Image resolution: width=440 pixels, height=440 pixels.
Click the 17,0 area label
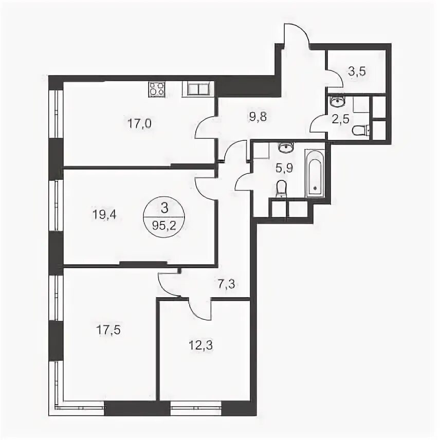pos(139,123)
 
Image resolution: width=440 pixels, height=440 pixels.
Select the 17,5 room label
pos(108,329)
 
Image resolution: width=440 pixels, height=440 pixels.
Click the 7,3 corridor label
pos(226,285)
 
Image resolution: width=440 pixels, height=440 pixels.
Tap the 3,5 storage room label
pos(357,71)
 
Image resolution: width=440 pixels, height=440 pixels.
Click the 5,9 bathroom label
pos(284,168)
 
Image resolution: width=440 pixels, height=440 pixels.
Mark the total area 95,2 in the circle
pos(164,226)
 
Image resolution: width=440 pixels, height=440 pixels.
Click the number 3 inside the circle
pos(164,208)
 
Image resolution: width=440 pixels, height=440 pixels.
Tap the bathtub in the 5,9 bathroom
pos(315,174)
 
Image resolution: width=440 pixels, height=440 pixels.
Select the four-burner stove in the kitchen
pos(156,89)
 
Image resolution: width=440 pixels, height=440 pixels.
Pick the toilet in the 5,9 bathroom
pos(281,189)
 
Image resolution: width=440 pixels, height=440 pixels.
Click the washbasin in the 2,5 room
pos(338,101)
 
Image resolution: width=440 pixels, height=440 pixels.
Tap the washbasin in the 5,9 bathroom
pos(286,147)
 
